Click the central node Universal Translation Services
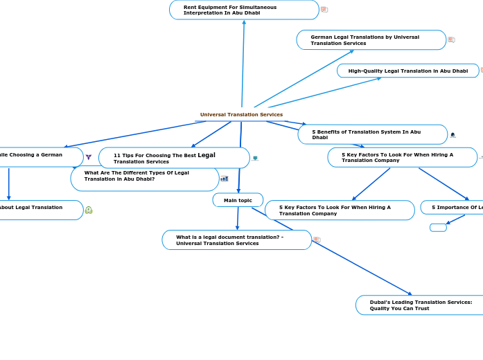(241, 114)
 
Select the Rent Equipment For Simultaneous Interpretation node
(244, 10)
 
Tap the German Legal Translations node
(371, 40)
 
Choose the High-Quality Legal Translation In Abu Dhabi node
(407, 71)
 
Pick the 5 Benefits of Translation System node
(372, 134)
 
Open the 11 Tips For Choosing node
(173, 158)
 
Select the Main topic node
(238, 200)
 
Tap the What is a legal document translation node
(236, 240)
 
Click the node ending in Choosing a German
(38, 156)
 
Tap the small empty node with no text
(438, 227)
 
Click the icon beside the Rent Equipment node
(324, 10)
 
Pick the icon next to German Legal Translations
(451, 40)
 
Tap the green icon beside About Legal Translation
(89, 210)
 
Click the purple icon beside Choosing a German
(89, 157)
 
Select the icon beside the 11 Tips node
(255, 158)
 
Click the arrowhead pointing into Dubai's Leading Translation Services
(410, 294)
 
